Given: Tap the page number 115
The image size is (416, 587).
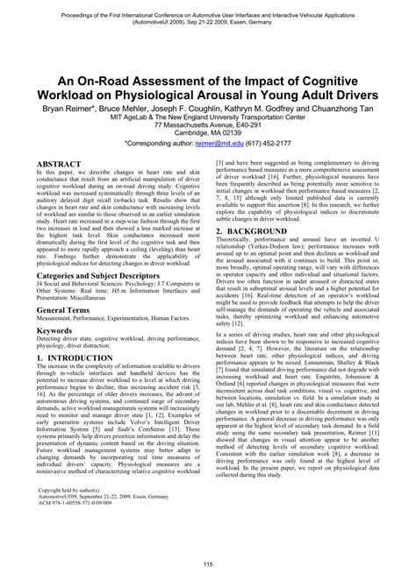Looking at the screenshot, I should pyautogui.click(x=208, y=562).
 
